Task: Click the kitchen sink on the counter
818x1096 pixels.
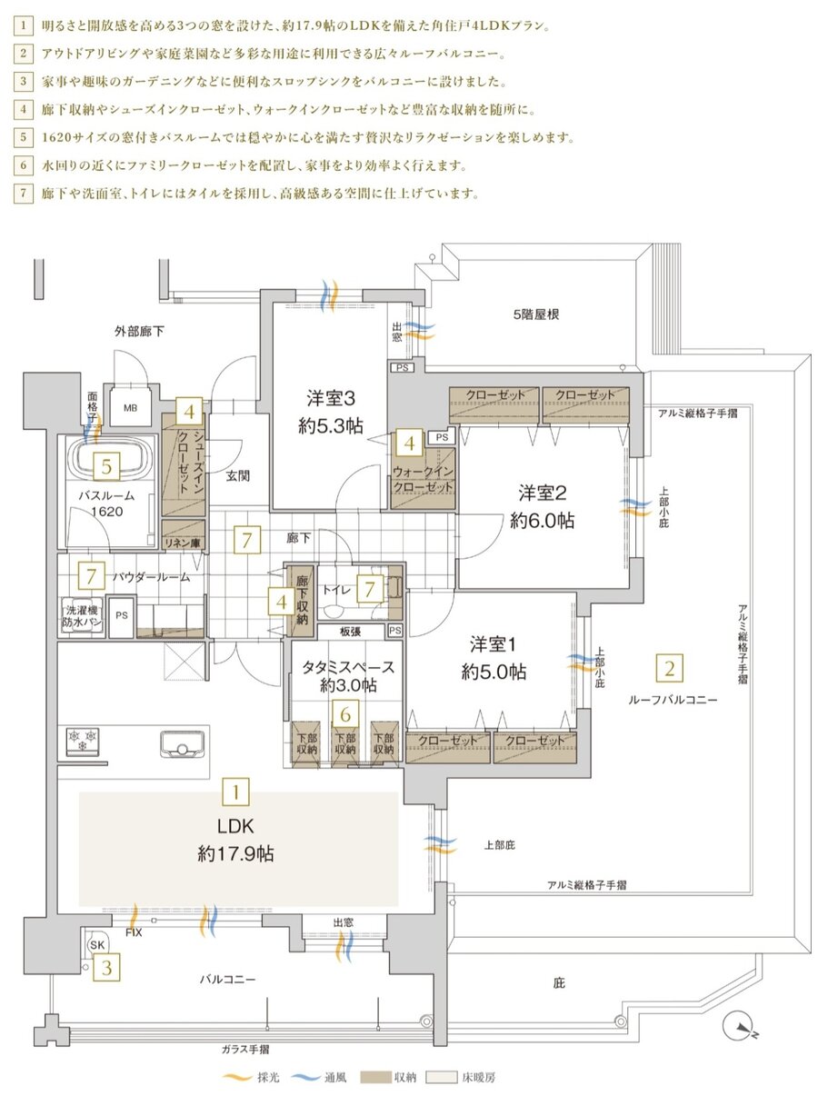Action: [x=181, y=744]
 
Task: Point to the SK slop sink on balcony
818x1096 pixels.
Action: [x=96, y=944]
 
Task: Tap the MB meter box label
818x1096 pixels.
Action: [x=129, y=409]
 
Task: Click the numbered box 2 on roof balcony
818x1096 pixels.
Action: [x=669, y=671]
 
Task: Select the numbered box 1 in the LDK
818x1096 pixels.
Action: [x=235, y=791]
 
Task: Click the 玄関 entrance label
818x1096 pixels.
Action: [x=238, y=474]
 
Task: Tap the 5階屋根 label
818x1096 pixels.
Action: [x=536, y=314]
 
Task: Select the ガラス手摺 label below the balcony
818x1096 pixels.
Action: [x=244, y=1049]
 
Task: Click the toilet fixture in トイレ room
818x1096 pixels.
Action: [x=394, y=586]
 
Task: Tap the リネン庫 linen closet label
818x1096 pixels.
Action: [x=182, y=543]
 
